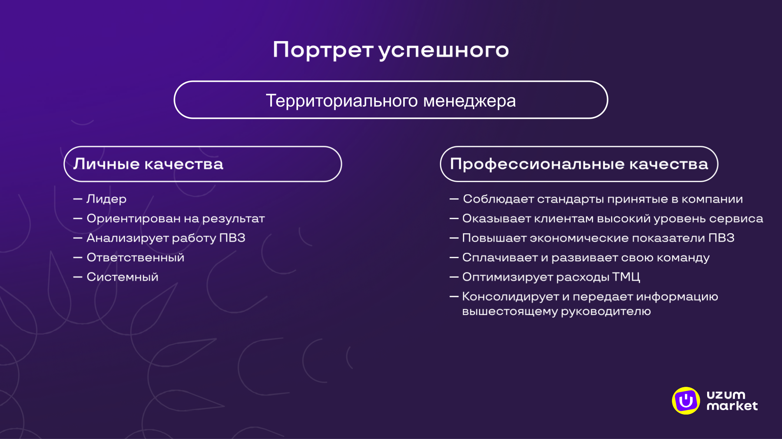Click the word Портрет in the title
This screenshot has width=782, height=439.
point(323,50)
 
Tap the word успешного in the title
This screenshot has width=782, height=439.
point(444,50)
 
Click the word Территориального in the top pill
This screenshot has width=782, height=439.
point(342,101)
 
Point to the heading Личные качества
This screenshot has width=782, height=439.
point(148,164)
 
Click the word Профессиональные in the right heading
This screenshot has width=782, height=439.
point(537,164)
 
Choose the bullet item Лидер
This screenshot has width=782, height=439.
point(106,199)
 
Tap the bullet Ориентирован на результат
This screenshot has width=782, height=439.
point(175,219)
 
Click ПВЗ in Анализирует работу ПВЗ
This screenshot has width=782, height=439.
point(232,238)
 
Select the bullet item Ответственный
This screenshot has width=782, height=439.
point(135,258)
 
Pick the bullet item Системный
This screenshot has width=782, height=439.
point(122,277)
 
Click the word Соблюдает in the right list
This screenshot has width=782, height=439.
point(498,199)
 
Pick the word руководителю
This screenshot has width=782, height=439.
point(606,311)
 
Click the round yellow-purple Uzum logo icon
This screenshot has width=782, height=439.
point(686,401)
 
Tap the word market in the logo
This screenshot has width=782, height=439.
point(732,406)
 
